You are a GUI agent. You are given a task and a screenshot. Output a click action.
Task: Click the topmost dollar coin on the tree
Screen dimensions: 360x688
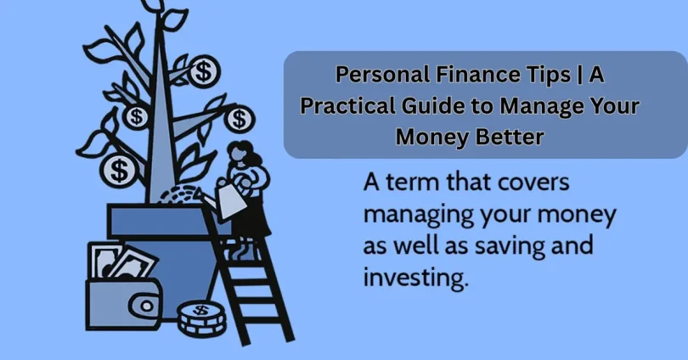(x=203, y=70)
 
